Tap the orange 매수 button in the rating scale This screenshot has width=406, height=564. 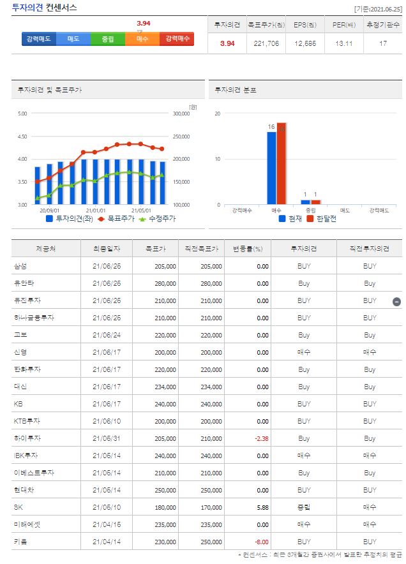click(x=142, y=39)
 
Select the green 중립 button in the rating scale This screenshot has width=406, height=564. click(x=107, y=39)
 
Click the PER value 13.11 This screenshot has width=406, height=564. click(x=343, y=43)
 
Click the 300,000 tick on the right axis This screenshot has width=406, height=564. click(x=182, y=114)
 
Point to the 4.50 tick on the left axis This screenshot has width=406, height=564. click(x=22, y=137)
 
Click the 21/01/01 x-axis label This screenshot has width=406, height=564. click(x=96, y=210)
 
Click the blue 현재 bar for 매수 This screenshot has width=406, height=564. click(x=271, y=168)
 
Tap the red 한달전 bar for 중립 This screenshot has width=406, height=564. click(x=315, y=202)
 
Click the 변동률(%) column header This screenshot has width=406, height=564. click(x=248, y=249)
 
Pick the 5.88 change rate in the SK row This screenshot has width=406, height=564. click(x=260, y=507)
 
